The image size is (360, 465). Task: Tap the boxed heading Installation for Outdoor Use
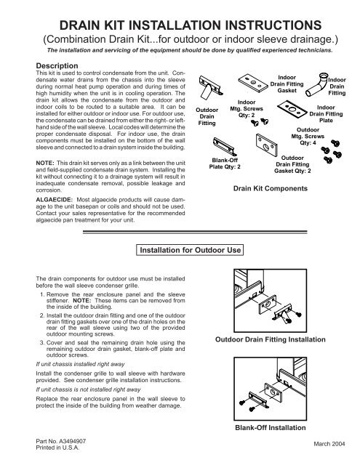coord(190,252)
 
